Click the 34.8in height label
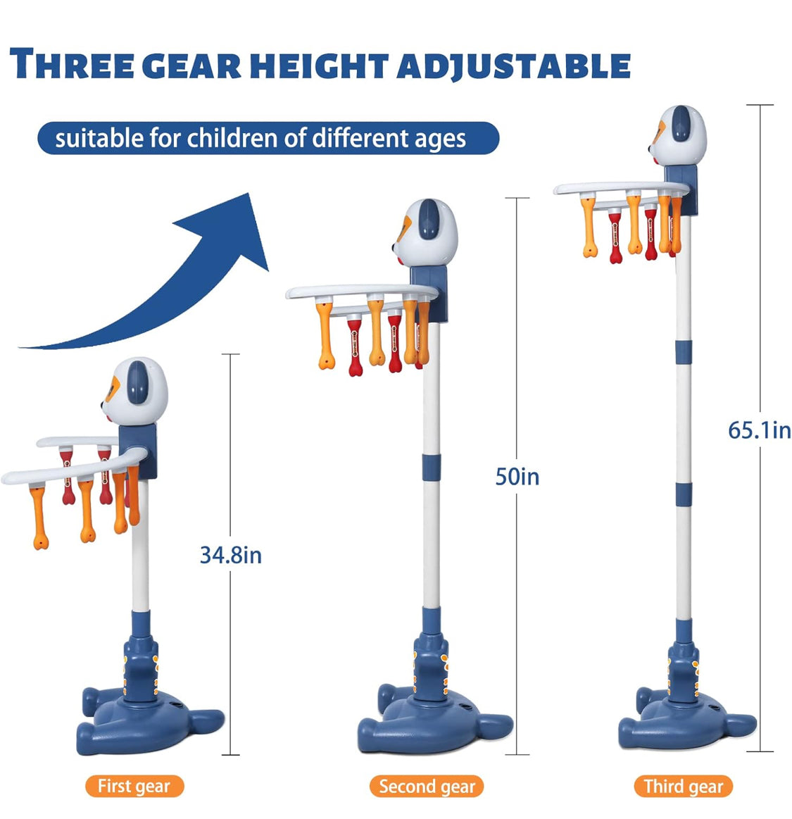[231, 555]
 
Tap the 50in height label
[517, 477]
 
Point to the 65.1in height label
[760, 430]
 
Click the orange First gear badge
[134, 786]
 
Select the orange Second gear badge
[427, 786]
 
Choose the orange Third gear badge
[684, 786]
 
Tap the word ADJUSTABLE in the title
[513, 65]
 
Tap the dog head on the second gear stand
[425, 232]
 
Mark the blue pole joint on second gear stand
[432, 466]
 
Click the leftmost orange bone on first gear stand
[39, 517]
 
